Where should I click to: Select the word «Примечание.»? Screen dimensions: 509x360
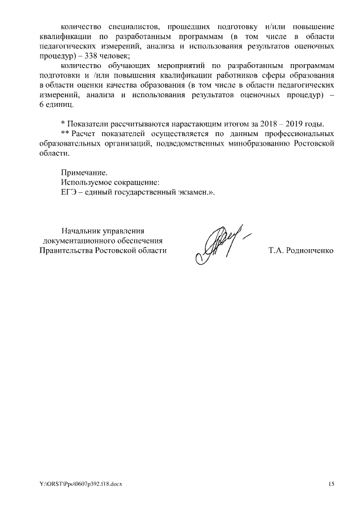click(x=83, y=172)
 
